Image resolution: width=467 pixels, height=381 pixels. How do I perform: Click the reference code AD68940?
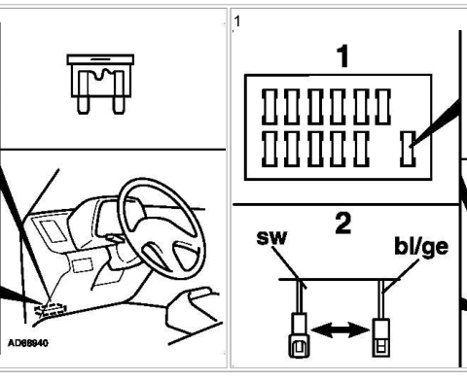tap(28, 343)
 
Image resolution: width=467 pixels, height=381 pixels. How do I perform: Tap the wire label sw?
tap(271, 237)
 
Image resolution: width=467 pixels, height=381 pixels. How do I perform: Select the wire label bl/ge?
tap(421, 247)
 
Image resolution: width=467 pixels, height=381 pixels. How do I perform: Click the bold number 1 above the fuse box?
tap(342, 56)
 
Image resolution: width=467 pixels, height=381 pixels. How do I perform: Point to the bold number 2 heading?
tap(342, 224)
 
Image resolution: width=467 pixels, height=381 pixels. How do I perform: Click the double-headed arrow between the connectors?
tap(341, 330)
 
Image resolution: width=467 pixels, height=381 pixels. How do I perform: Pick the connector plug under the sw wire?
tap(299, 335)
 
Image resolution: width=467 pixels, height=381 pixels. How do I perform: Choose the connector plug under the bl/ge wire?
tap(380, 337)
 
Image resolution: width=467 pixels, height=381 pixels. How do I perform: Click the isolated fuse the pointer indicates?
tap(408, 149)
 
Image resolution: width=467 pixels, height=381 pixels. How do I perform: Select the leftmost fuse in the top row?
tap(269, 107)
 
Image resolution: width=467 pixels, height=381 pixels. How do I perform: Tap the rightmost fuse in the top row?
tap(382, 107)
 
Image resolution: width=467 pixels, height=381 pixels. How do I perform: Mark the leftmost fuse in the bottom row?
tap(269, 149)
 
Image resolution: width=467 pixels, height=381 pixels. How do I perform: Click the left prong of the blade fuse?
tap(84, 92)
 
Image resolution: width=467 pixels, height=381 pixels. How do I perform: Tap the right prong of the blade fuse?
tap(119, 92)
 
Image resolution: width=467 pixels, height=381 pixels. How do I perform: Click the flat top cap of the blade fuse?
tap(100, 59)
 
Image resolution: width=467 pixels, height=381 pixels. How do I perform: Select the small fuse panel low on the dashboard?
tap(51, 309)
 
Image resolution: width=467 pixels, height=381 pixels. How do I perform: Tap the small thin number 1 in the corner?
tap(237, 21)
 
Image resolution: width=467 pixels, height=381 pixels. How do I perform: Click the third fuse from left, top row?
tap(315, 107)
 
